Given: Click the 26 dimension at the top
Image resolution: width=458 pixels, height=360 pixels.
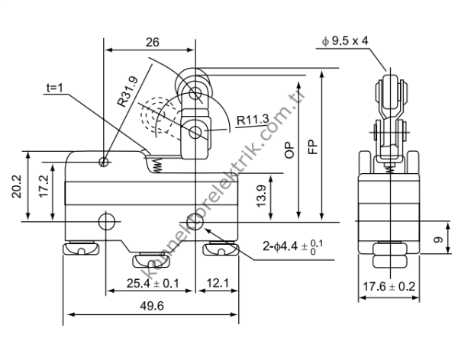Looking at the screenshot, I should coord(151,43).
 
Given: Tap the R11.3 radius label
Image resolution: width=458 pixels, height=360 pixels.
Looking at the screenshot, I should coord(251,119).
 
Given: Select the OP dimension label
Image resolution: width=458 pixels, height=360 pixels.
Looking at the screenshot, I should coord(289,149).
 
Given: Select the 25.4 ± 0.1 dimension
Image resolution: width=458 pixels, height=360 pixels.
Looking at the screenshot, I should coord(152,284).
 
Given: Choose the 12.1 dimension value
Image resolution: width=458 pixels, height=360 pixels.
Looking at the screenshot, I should coord(218,284).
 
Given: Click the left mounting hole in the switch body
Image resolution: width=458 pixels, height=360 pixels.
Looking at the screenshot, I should coord(107,221).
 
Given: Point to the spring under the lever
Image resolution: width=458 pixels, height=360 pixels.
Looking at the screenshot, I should coord(158,165).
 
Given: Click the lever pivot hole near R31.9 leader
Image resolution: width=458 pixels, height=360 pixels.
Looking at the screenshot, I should coord(104,161).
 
